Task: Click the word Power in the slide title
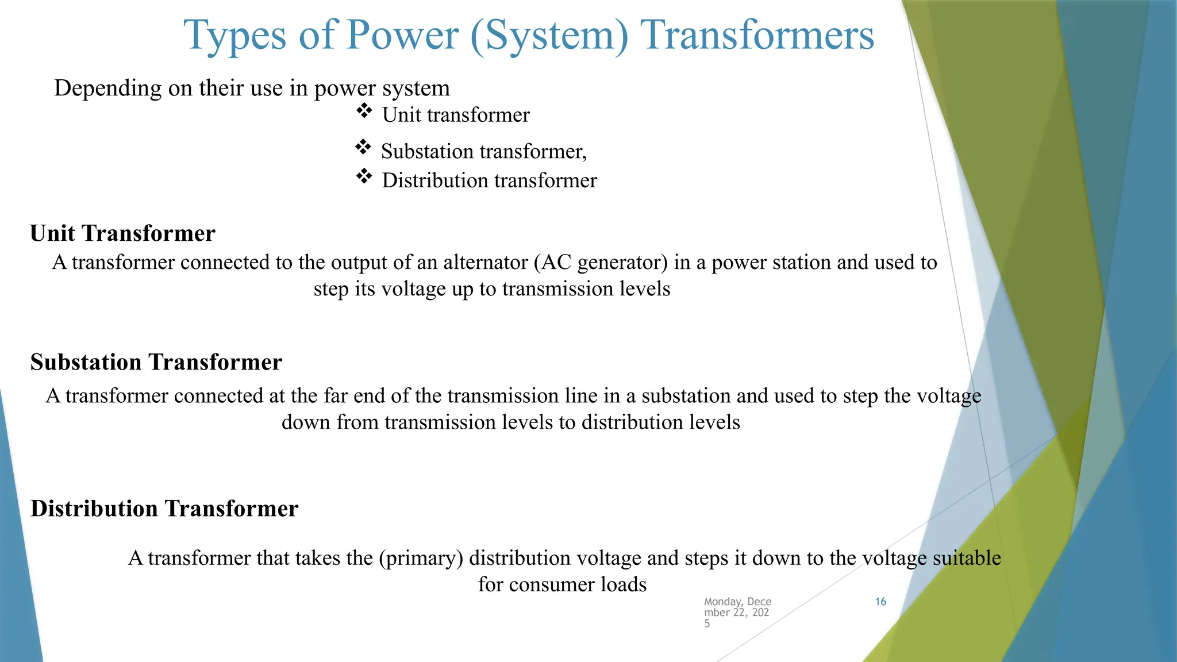tap(402, 36)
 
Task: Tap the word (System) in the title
tap(549, 36)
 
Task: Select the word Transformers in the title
tap(757, 36)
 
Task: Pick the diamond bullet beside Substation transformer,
tap(363, 147)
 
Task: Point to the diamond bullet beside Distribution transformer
tap(364, 176)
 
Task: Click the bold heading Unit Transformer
tap(122, 233)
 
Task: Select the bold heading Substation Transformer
tap(156, 362)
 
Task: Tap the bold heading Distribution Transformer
tap(164, 509)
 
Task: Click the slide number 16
tap(880, 602)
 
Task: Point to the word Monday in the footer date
tap(723, 602)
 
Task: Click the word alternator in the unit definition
tap(486, 263)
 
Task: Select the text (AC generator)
tap(601, 263)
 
